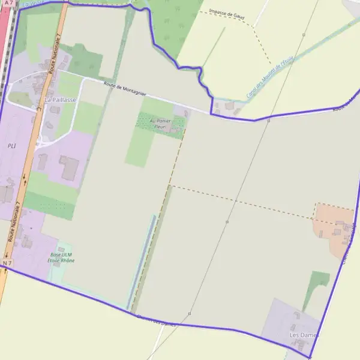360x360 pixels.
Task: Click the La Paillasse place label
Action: point(60,100)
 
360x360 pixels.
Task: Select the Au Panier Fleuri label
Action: point(160,124)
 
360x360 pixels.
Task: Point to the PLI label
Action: point(11,146)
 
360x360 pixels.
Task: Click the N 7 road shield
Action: point(7,263)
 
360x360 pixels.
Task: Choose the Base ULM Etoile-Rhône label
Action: point(62,257)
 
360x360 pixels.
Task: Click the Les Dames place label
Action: point(303,334)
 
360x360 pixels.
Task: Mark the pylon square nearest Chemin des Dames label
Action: point(190,314)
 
